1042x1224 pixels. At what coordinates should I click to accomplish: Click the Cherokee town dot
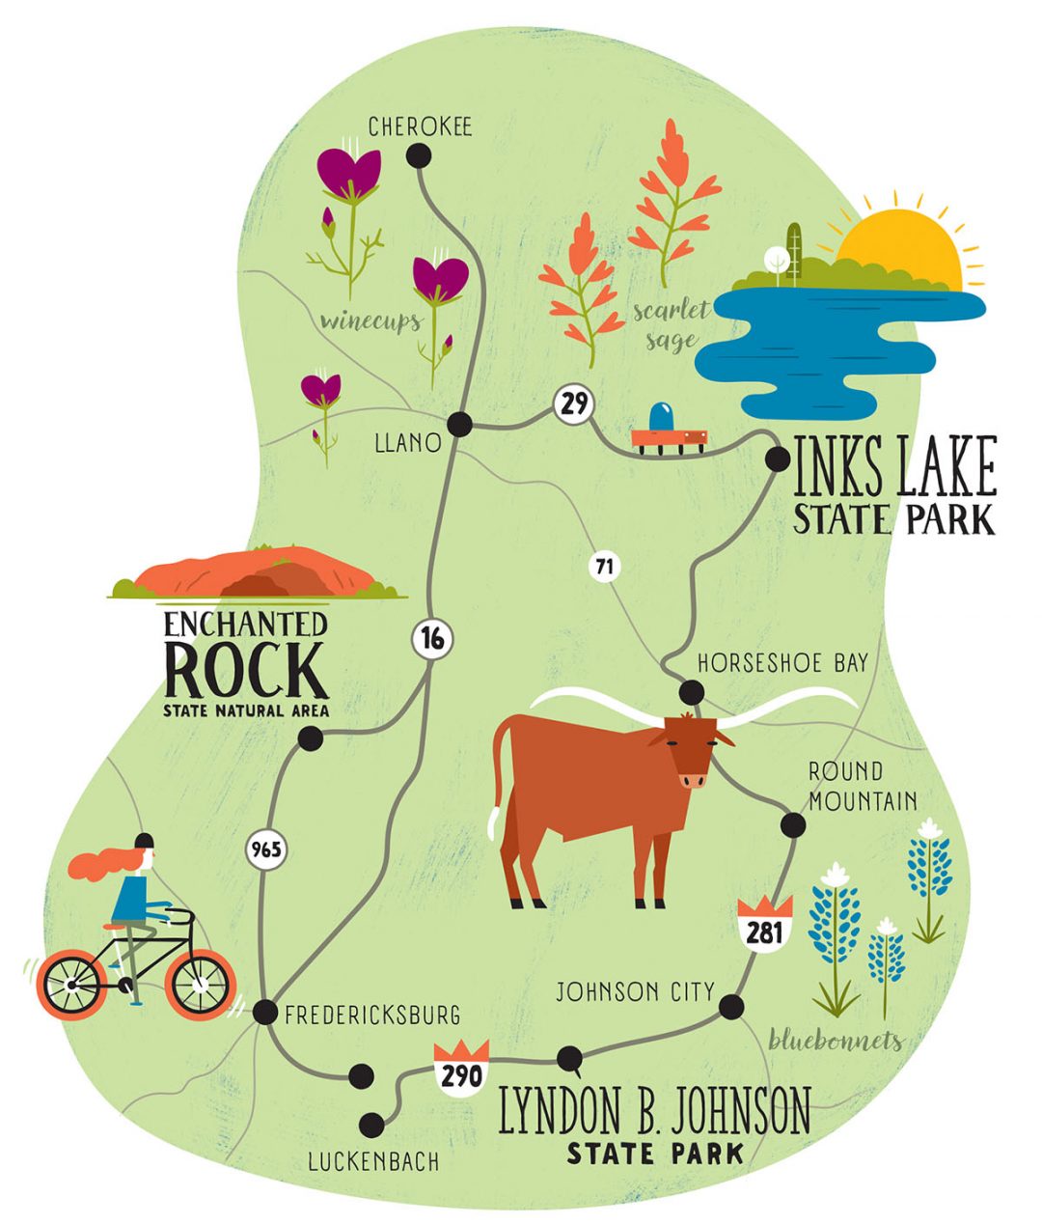(419, 155)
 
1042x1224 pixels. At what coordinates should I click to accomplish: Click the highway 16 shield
(431, 639)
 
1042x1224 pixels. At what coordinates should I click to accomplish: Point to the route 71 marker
(605, 567)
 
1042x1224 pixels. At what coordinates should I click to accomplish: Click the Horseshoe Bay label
(782, 663)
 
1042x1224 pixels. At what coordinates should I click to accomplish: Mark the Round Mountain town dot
(792, 825)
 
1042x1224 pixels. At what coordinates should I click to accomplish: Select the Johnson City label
(636, 991)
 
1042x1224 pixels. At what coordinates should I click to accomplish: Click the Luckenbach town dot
(370, 1125)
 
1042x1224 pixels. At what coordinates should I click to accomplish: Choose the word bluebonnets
(836, 1040)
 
